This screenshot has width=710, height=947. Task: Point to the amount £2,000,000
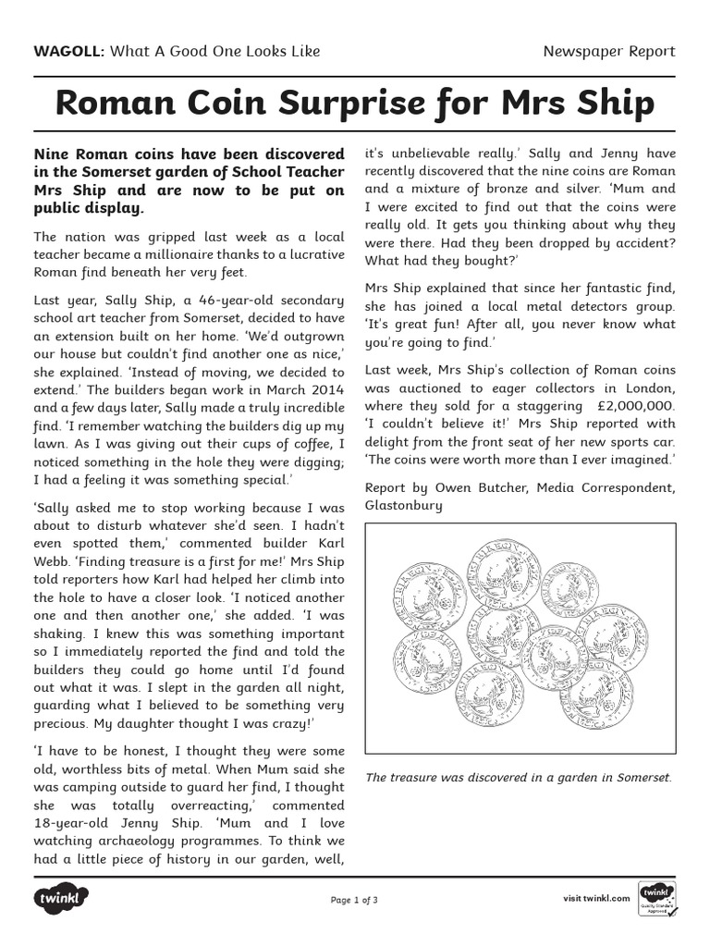click(637, 406)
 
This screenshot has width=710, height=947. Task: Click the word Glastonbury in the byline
click(404, 505)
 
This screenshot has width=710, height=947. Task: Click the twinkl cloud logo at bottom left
click(61, 898)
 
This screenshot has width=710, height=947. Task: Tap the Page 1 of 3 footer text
click(354, 899)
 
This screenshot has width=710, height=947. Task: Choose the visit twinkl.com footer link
click(596, 898)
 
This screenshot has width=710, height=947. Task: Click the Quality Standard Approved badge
click(658, 900)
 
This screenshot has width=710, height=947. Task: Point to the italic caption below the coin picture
click(518, 777)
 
